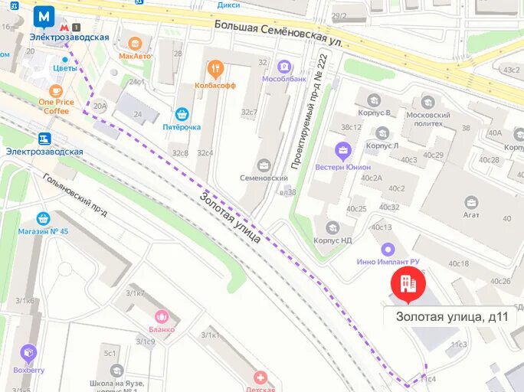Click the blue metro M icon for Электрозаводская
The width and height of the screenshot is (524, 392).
point(44,16)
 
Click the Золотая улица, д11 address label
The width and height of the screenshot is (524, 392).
point(455,315)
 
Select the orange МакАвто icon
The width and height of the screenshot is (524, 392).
point(135,43)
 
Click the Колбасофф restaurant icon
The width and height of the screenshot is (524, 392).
point(215,69)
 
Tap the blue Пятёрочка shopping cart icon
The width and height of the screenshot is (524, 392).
point(182,113)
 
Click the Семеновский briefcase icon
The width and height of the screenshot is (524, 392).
point(264,165)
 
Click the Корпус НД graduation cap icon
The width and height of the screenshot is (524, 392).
point(332,227)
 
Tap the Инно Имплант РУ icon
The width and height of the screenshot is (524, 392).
point(388,249)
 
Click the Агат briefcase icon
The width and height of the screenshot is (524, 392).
point(470,202)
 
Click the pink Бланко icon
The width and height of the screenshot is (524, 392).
point(162,316)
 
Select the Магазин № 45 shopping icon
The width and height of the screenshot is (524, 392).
point(43,218)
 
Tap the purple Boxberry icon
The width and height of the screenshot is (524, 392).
point(29,353)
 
